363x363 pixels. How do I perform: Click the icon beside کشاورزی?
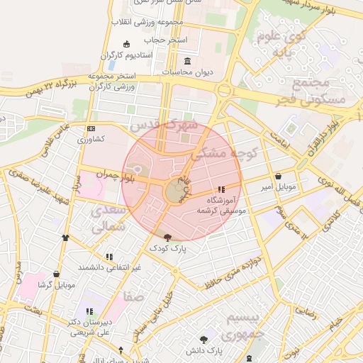point(90,128)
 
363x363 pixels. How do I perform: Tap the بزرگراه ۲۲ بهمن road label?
point(50,87)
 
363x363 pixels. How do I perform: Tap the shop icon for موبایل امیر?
point(277,176)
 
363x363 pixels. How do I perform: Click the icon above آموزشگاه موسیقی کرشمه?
point(222,189)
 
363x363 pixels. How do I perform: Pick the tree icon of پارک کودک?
point(167,238)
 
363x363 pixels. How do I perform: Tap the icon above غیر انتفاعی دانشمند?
point(109,256)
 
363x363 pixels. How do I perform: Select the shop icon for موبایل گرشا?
point(56,274)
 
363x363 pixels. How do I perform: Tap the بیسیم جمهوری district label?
point(242,324)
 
